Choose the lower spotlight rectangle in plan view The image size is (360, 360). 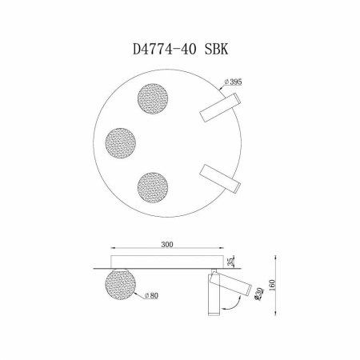click(x=220, y=178)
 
